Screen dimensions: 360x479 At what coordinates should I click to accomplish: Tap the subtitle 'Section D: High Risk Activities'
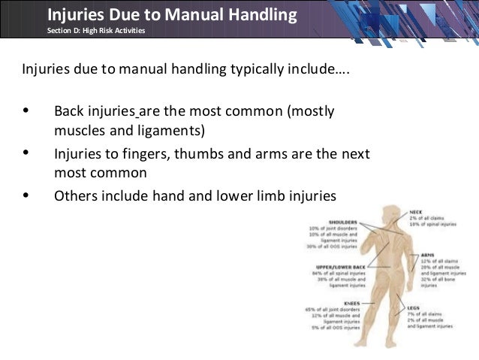click(x=95, y=30)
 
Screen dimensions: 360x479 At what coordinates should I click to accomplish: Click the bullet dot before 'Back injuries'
click(x=27, y=112)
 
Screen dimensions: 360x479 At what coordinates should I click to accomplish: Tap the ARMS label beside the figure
click(x=429, y=255)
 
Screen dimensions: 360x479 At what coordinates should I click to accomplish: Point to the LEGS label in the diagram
click(x=414, y=307)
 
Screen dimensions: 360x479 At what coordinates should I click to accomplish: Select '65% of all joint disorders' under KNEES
click(x=333, y=309)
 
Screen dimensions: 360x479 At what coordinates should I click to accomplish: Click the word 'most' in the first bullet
click(x=270, y=112)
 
